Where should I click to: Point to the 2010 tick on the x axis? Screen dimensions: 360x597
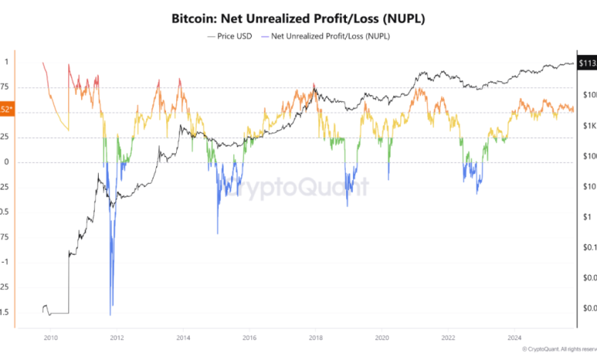tap(51, 336)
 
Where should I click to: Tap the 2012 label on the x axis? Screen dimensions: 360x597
tap(116, 336)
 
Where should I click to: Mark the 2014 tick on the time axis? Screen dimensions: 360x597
tap(183, 336)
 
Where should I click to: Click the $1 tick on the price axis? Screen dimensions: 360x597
tap(586, 217)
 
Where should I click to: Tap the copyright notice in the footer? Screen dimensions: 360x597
tap(559, 349)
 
